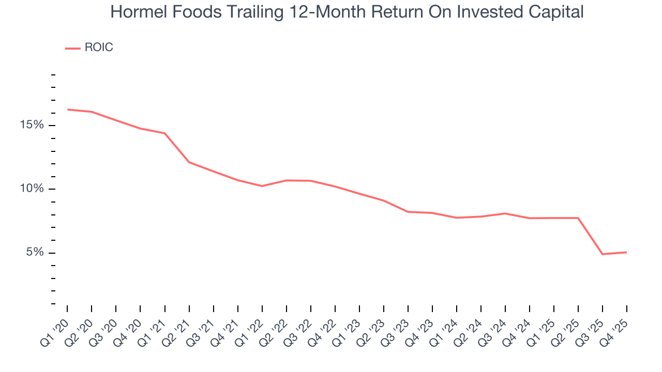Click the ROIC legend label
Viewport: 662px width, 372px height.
(x=98, y=48)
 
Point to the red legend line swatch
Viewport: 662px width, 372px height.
(x=72, y=48)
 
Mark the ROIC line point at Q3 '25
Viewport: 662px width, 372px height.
(x=603, y=254)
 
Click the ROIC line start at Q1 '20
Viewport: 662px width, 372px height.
(x=67, y=110)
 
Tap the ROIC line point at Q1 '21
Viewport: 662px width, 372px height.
(x=165, y=133)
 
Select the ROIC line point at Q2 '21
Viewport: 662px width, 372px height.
(x=189, y=162)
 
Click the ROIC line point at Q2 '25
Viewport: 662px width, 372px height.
(x=578, y=218)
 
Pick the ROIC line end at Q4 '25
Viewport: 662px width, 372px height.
(x=627, y=252)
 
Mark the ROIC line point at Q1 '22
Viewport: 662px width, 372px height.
(x=262, y=186)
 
